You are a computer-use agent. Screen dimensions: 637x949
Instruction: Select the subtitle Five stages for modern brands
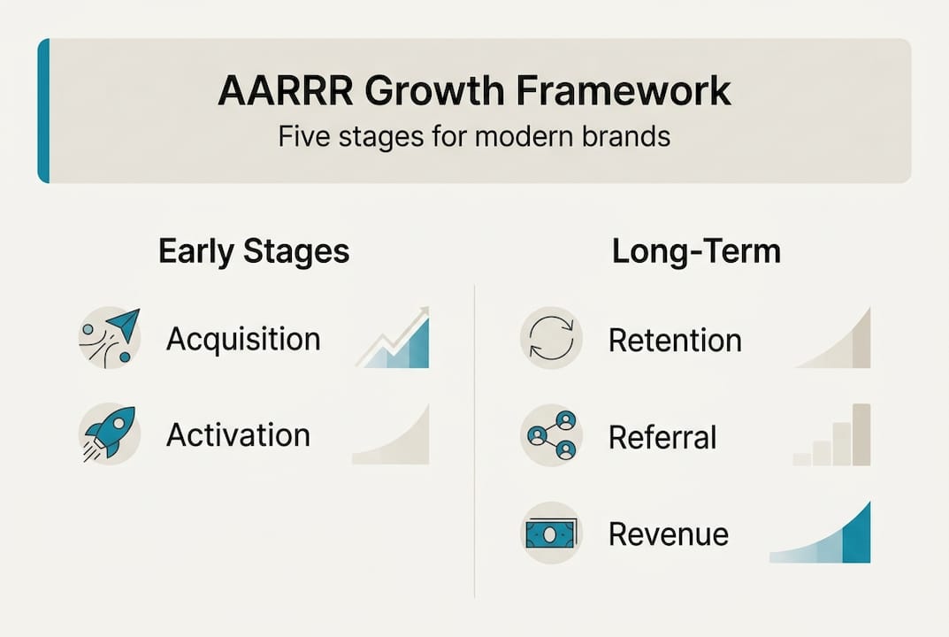coord(473,138)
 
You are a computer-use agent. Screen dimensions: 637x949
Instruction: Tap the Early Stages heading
coord(254,252)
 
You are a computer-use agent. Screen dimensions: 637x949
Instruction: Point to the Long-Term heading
coord(696,252)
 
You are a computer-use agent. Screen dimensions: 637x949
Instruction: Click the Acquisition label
coord(243,339)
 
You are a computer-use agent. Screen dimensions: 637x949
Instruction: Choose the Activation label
coord(238,435)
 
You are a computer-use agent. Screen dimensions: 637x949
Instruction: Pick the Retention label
coord(675,340)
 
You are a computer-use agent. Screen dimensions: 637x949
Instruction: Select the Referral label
coord(662,437)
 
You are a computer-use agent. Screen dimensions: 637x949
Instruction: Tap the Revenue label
coord(668,534)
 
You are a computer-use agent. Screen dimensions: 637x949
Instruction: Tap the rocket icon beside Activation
coord(109,434)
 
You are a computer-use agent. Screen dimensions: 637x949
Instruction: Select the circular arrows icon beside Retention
coord(551,338)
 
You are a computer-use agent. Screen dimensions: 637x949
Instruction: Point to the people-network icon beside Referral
coord(551,435)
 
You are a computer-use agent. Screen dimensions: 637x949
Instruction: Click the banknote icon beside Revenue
coord(551,533)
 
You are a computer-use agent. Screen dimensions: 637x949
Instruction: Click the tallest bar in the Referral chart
coord(861,434)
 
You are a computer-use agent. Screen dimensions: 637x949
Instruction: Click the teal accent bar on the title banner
coord(43,111)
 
